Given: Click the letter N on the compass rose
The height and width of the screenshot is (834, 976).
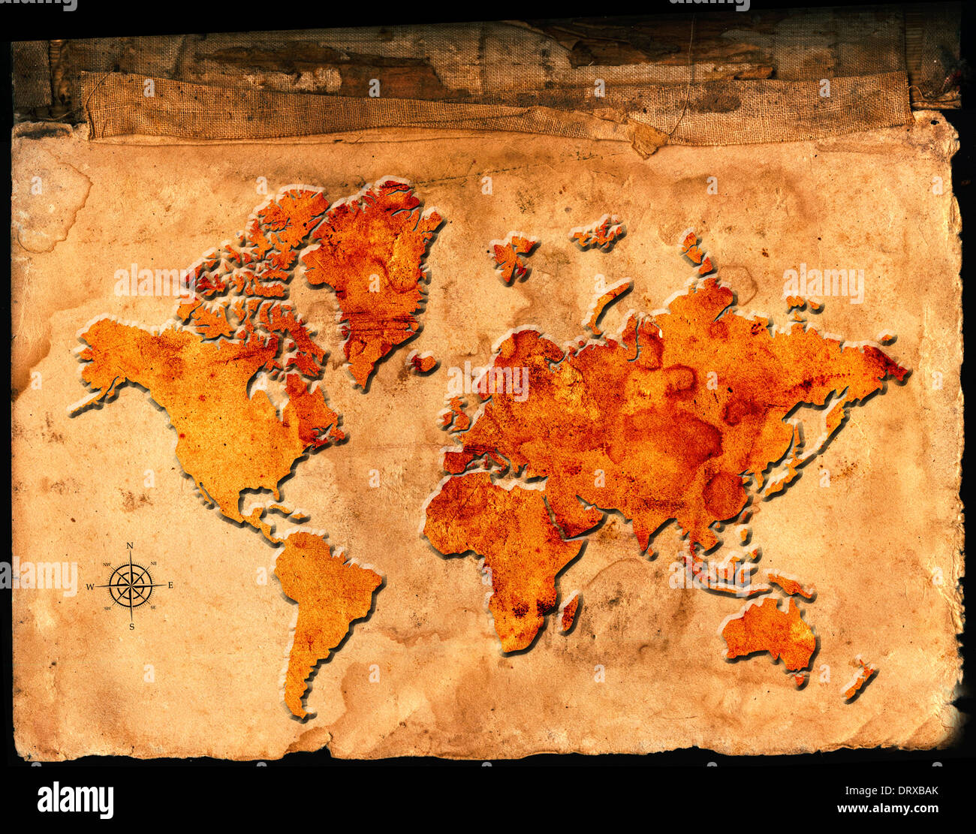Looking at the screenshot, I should pyautogui.click(x=130, y=546).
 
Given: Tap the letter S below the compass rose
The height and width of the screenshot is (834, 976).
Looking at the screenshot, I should pyautogui.click(x=131, y=626).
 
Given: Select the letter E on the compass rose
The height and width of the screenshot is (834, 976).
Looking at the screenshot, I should pyautogui.click(x=170, y=585).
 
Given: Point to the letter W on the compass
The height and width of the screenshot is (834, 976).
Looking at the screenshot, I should pyautogui.click(x=90, y=586).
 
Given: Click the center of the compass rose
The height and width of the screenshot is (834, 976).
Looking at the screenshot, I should pyautogui.click(x=131, y=586).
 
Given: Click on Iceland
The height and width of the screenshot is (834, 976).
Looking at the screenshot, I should pyautogui.click(x=423, y=363).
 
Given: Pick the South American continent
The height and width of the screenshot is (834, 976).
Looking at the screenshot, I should pyautogui.click(x=323, y=601).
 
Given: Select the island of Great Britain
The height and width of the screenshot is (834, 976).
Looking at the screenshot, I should pyautogui.click(x=456, y=411).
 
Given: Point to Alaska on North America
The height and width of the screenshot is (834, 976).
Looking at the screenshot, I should pyautogui.click(x=105, y=360).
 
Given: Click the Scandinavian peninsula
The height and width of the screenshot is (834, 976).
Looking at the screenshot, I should pyautogui.click(x=518, y=353).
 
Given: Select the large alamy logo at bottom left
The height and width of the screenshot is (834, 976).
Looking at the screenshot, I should pyautogui.click(x=75, y=799).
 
